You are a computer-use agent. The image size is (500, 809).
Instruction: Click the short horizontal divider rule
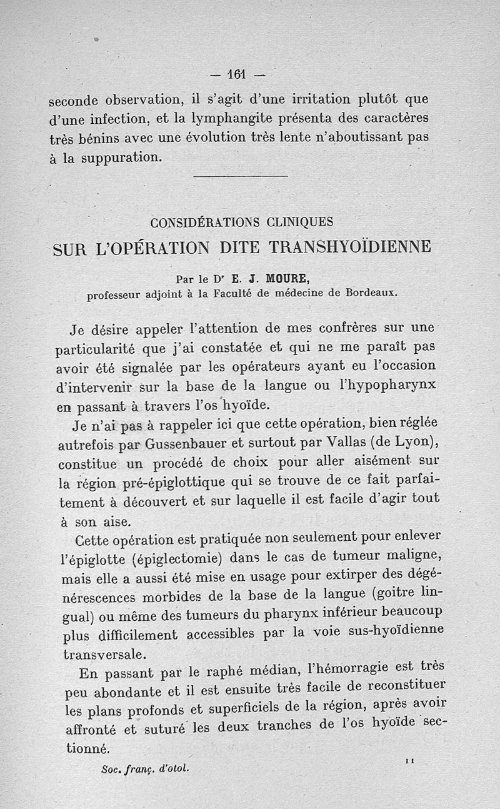tap(241, 177)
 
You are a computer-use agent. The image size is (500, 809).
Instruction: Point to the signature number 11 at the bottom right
tap(410, 759)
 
